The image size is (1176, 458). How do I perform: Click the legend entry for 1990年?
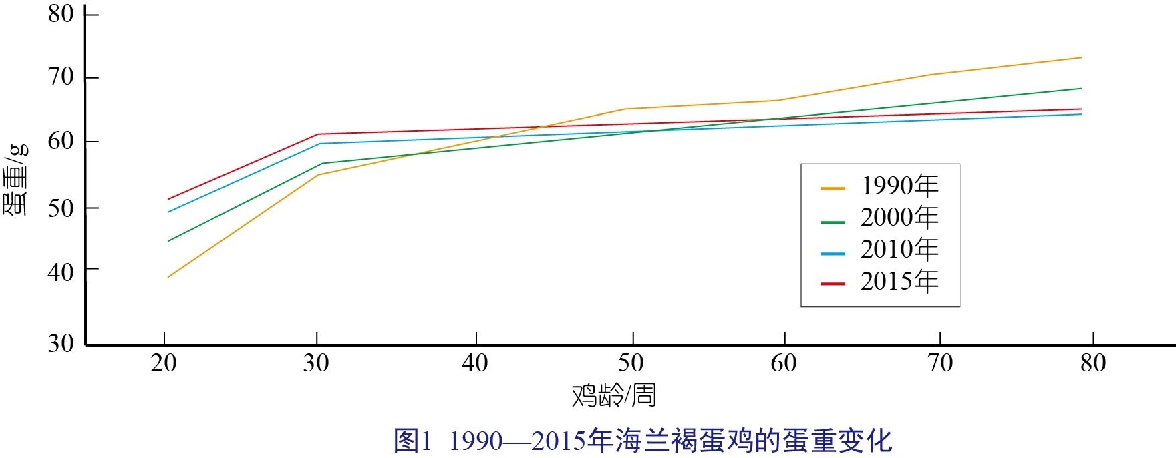coord(899,186)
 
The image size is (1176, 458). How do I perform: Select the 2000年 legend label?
coord(899,218)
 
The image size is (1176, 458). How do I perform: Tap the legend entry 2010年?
coord(899,250)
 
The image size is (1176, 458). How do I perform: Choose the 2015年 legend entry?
coord(899,282)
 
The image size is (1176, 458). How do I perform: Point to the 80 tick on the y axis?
coord(61,13)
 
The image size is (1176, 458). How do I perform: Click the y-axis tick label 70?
coord(61,77)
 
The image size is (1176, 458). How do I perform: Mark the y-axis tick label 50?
coord(61,208)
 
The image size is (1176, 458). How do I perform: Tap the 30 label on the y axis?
coord(61,343)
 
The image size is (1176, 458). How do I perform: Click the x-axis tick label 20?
coord(164,363)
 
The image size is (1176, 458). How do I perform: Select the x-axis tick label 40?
coord(475,363)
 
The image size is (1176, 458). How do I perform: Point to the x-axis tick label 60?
coord(783,363)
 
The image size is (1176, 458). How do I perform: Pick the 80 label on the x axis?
coord(1093,363)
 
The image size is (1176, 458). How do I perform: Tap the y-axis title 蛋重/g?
coord(16,179)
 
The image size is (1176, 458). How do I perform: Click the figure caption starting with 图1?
coord(642,441)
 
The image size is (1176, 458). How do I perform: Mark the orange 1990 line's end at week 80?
coord(1082,57)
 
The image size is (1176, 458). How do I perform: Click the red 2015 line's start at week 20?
coord(168,199)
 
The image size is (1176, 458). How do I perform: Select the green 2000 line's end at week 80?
coord(1082,88)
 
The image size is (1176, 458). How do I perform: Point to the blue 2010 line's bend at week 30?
coord(319,144)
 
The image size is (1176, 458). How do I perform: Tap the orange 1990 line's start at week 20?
coord(168,277)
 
